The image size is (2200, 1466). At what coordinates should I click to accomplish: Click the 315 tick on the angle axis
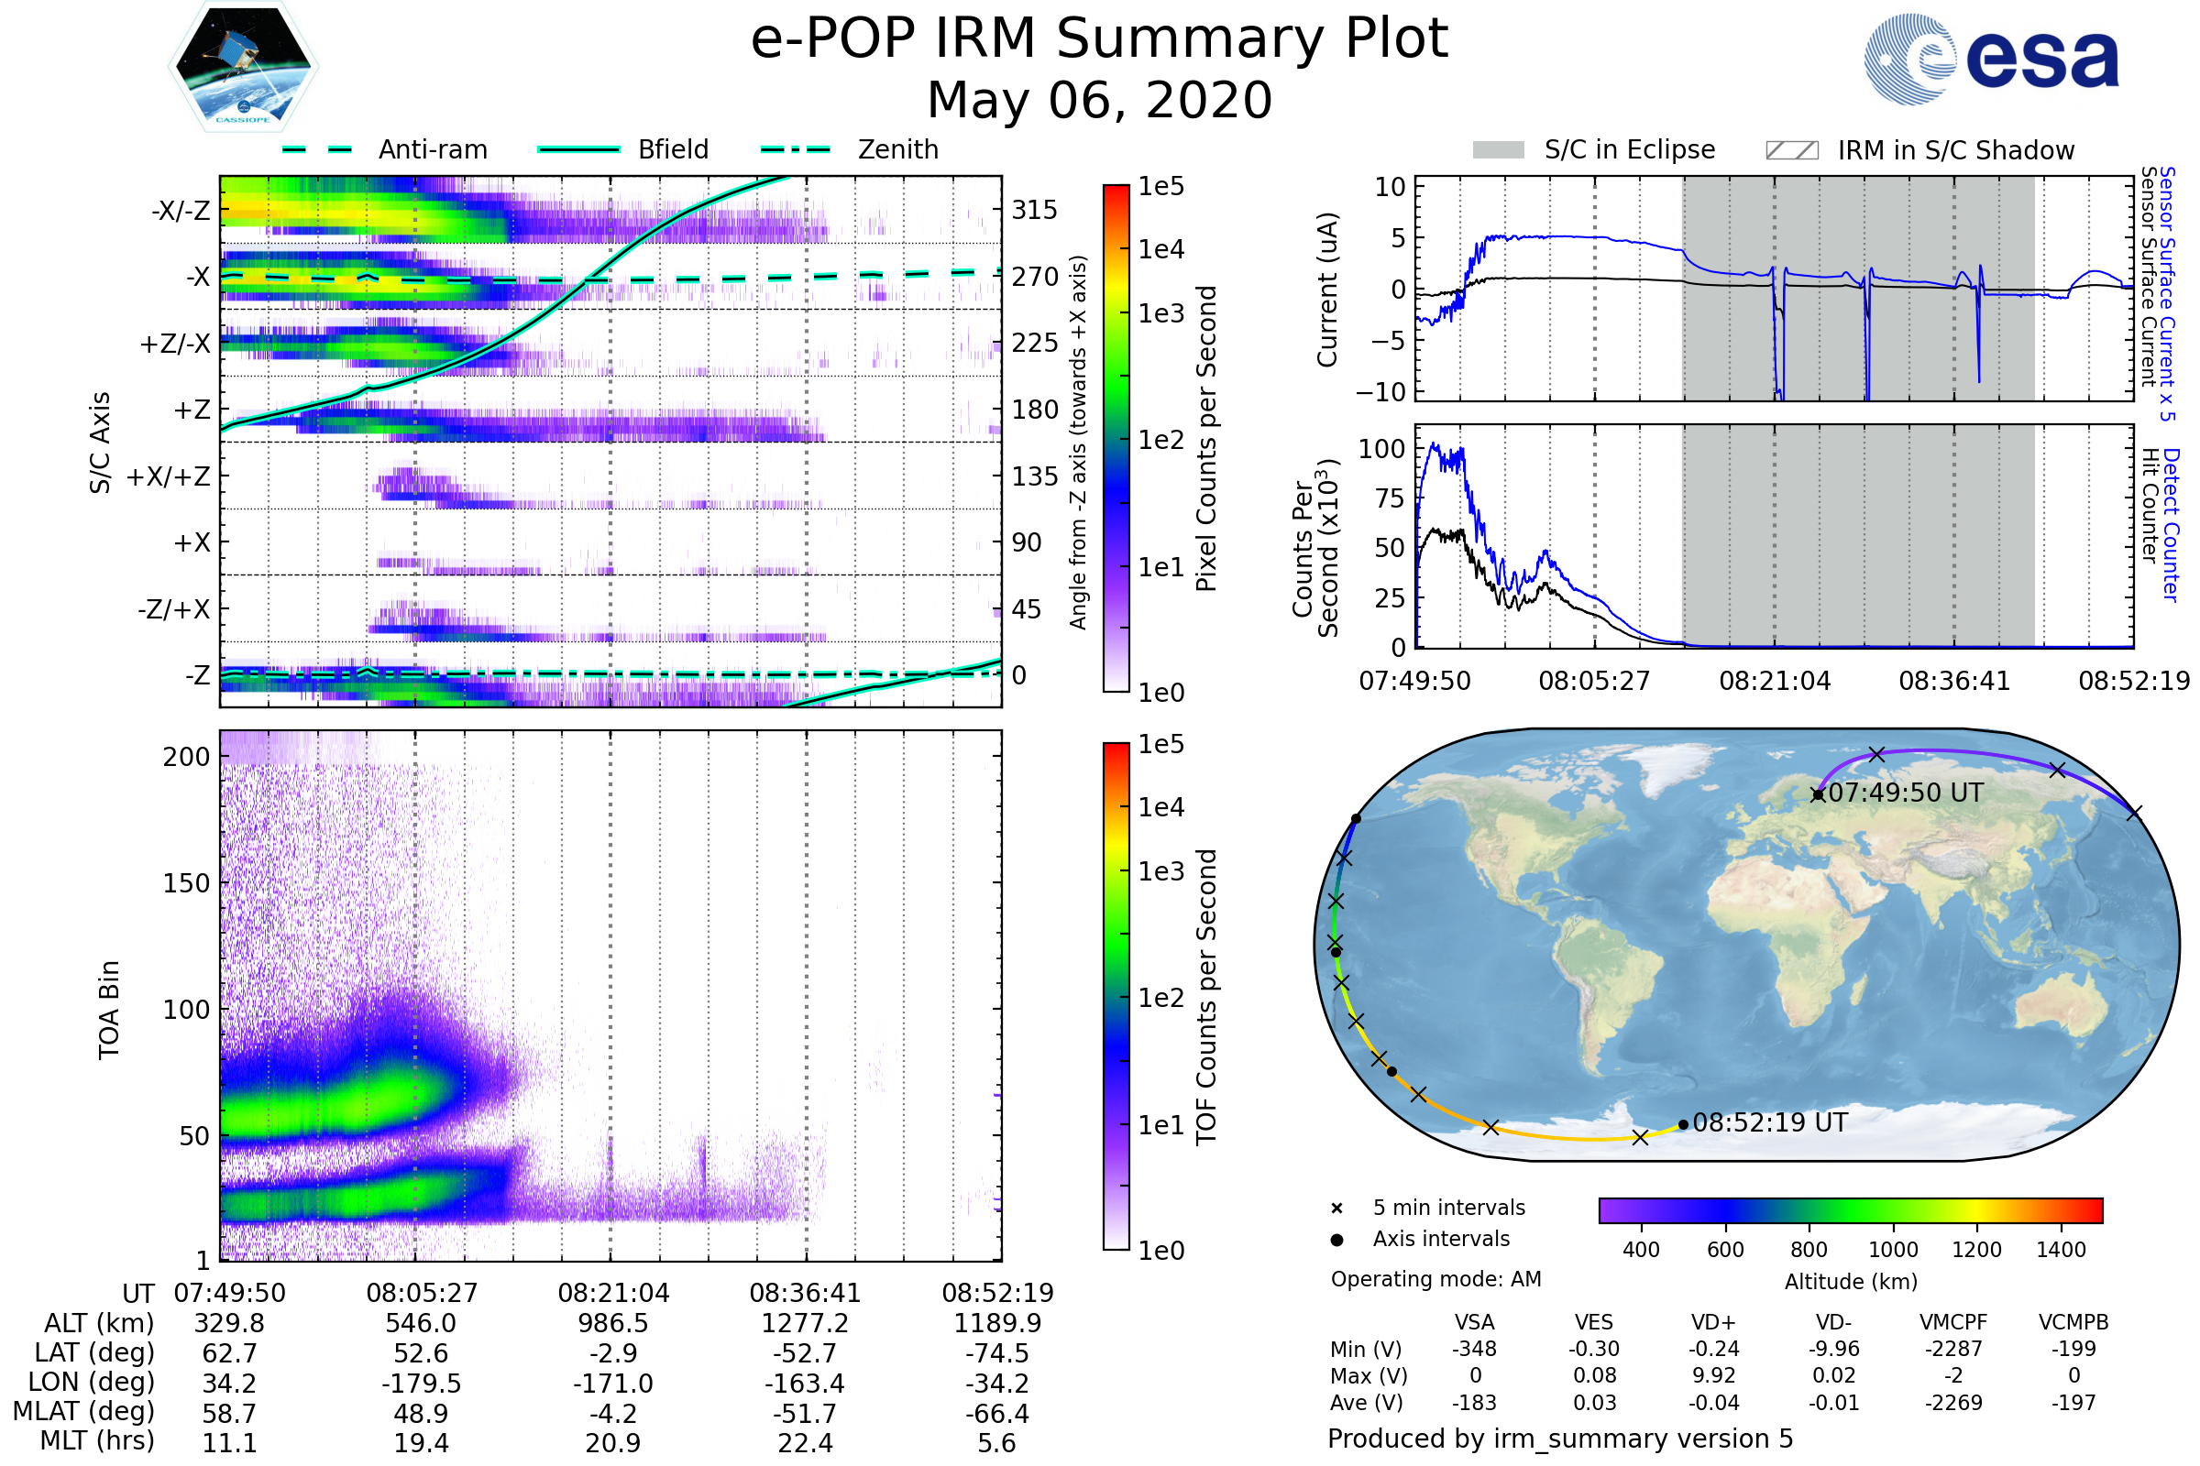[x=1034, y=210]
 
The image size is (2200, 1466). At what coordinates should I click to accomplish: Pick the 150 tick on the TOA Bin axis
[x=186, y=883]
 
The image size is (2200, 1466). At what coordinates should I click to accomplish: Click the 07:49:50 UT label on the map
[x=1905, y=793]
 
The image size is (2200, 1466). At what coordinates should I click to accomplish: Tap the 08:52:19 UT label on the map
[x=1770, y=1123]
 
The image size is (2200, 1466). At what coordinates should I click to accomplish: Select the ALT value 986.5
[x=612, y=1323]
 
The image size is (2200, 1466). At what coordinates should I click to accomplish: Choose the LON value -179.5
[x=421, y=1383]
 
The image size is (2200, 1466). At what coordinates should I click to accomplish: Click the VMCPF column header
[x=1953, y=1322]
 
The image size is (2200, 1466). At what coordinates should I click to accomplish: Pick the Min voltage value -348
[x=1474, y=1349]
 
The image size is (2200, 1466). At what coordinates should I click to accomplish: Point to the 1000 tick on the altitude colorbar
[x=1892, y=1250]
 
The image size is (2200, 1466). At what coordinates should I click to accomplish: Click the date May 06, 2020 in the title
[x=1099, y=100]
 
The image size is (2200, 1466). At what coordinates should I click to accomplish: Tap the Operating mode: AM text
[x=1435, y=1279]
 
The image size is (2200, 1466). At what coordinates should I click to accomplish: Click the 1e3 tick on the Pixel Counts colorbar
[x=1160, y=313]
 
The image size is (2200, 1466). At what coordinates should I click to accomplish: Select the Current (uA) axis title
[x=1327, y=290]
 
